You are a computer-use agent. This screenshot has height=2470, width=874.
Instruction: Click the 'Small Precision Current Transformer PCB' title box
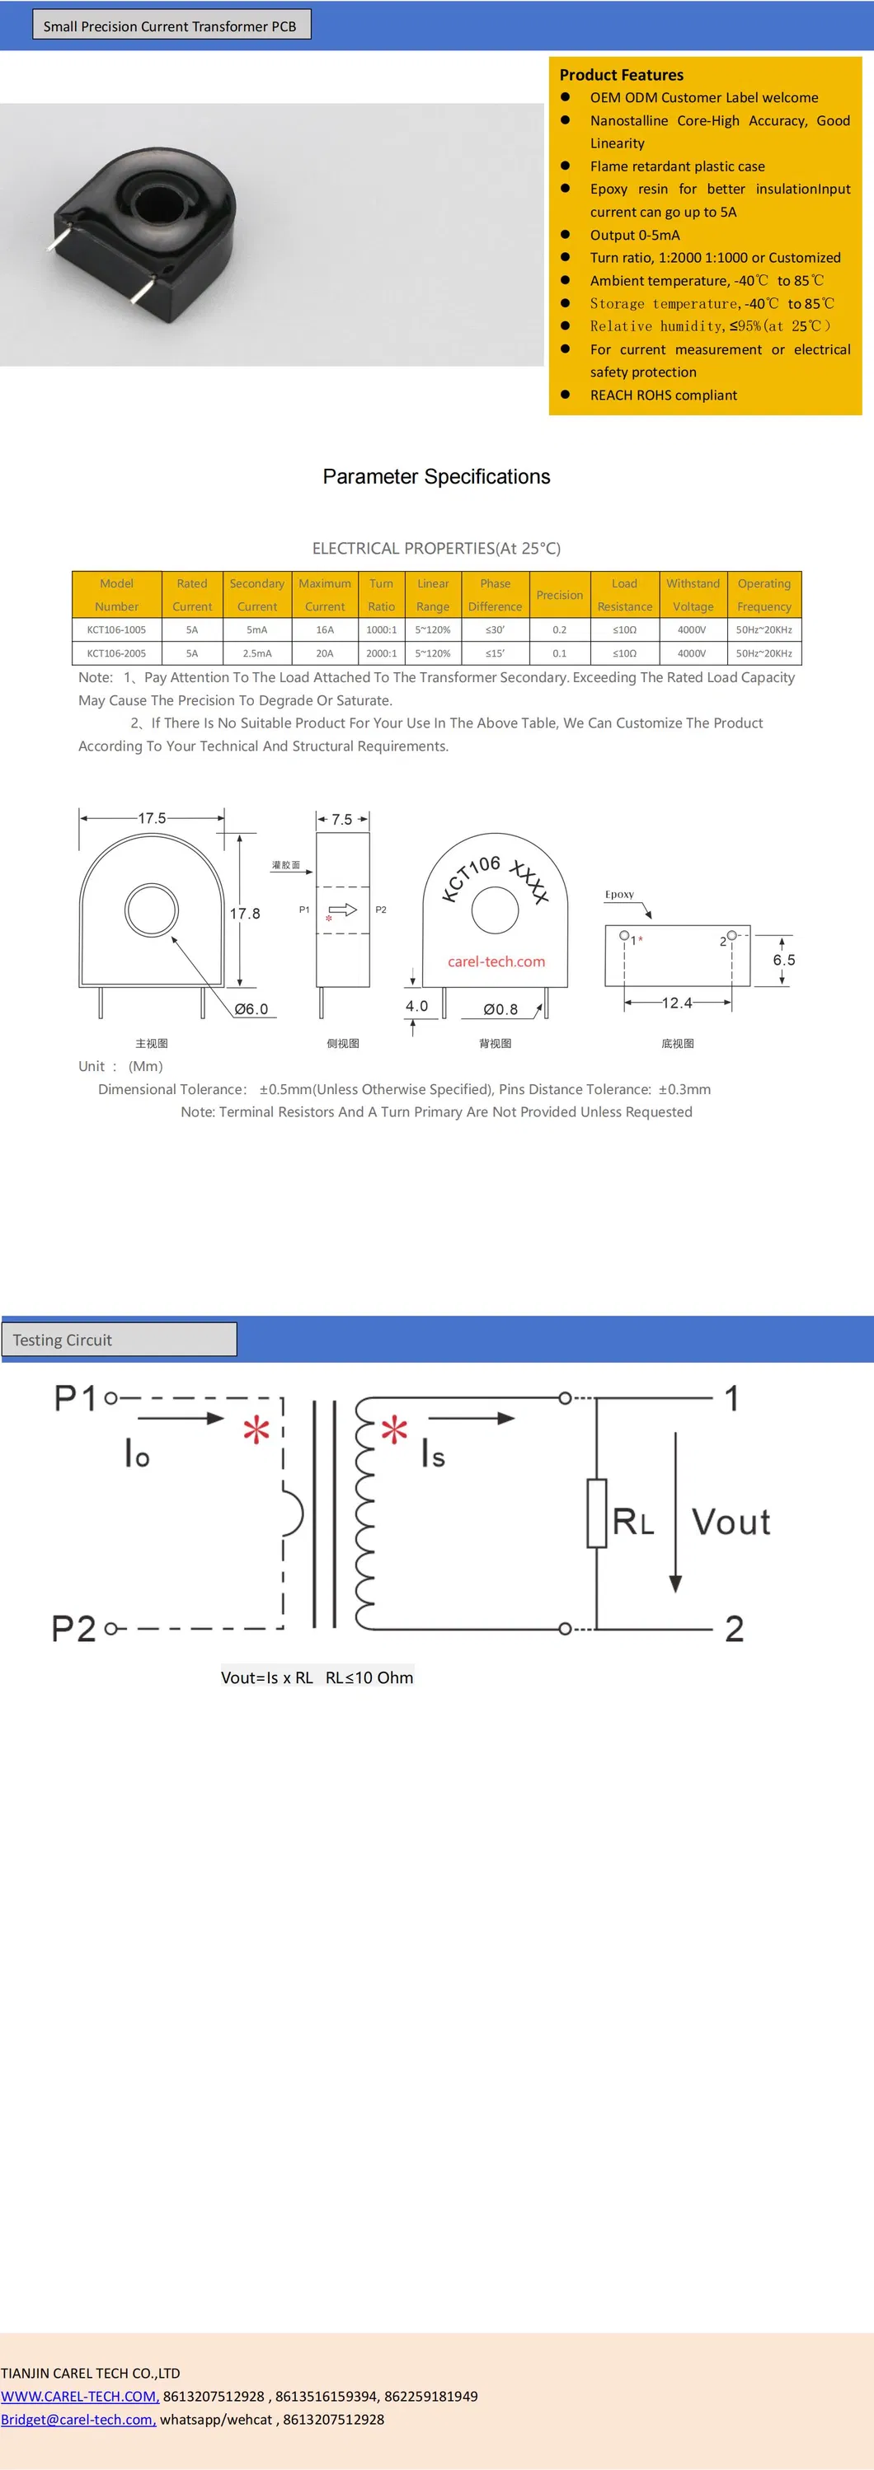[x=171, y=26]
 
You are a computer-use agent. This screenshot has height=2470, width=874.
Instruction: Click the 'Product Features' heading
[x=621, y=75]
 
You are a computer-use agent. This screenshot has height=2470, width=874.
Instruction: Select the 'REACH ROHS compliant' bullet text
[x=663, y=395]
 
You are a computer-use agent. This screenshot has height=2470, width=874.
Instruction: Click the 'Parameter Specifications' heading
[x=436, y=476]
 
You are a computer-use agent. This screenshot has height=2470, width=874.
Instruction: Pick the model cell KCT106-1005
[x=116, y=630]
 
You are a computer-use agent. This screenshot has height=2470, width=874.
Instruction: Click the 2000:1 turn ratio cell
[x=381, y=653]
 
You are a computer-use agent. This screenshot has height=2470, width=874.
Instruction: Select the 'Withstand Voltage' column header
[x=693, y=595]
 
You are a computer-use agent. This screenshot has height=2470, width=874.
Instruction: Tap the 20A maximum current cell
[x=324, y=653]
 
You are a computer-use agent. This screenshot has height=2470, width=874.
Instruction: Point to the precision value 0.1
[x=559, y=653]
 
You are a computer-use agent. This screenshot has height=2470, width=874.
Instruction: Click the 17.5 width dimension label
[x=152, y=818]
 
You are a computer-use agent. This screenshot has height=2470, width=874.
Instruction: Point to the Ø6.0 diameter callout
[x=251, y=1008]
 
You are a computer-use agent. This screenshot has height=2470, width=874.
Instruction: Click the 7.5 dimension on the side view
[x=341, y=820]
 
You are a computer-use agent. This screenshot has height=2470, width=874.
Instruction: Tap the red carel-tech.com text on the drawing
[x=496, y=961]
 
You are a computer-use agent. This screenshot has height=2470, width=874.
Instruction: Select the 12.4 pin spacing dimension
[x=676, y=1003]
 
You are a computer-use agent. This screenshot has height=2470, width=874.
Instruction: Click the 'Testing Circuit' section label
[x=63, y=1340]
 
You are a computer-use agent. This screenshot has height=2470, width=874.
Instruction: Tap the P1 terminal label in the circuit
[x=75, y=1398]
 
